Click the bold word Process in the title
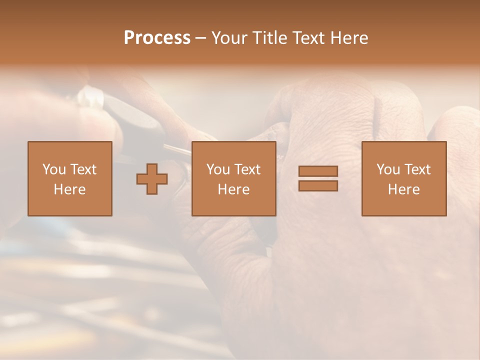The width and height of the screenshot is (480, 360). pos(157,38)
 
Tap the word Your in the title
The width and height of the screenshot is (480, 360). pos(230,38)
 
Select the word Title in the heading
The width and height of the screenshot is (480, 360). pos(269,38)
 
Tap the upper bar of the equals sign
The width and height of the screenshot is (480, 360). pos(318,171)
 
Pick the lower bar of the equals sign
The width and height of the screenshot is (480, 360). pos(318,185)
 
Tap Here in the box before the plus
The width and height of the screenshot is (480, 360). pos(69,189)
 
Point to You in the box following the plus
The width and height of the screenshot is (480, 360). pos(218,169)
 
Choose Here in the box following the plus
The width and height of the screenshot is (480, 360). pos(233,189)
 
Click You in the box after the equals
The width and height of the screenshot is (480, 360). pos(388,169)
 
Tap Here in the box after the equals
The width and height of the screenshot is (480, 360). pos(403,189)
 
